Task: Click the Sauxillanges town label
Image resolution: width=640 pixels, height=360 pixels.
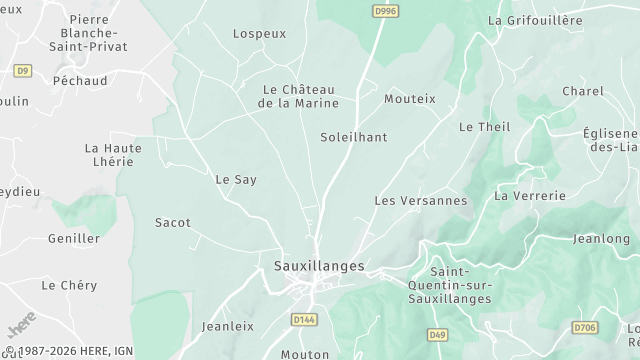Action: (x=319, y=266)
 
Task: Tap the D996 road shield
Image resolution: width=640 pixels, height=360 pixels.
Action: (x=383, y=11)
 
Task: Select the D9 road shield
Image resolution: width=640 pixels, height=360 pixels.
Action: (x=23, y=70)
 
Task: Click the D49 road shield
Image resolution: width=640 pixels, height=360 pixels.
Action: (x=437, y=334)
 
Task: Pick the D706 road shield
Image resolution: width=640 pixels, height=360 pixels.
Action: (x=585, y=327)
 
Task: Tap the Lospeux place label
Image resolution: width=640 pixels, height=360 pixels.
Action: (x=259, y=33)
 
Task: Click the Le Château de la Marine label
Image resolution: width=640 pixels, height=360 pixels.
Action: (x=298, y=96)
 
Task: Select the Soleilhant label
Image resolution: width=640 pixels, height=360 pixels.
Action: (x=353, y=137)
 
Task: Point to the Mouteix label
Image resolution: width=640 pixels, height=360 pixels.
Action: (x=410, y=99)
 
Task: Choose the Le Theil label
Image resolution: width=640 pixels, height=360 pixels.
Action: (x=484, y=127)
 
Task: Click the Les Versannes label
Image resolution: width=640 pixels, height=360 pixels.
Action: (x=420, y=200)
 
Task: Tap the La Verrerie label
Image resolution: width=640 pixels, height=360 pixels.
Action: (x=530, y=195)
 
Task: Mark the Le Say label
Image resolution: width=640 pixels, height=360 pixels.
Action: (x=236, y=180)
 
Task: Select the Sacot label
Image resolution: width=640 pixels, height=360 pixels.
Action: (x=173, y=222)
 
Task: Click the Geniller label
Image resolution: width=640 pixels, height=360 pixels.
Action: (x=74, y=239)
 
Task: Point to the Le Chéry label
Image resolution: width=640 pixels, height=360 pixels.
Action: (x=69, y=285)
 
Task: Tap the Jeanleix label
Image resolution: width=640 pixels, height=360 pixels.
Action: (x=228, y=326)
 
